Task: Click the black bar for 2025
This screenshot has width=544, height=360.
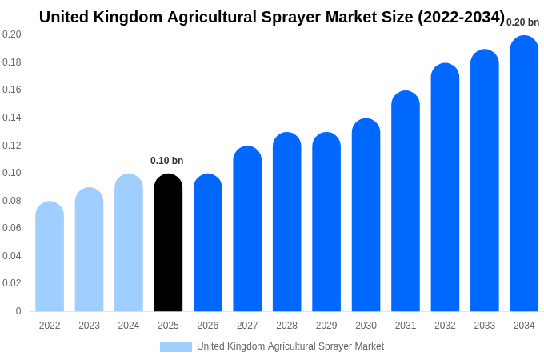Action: point(168,244)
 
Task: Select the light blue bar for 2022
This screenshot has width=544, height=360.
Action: point(50,258)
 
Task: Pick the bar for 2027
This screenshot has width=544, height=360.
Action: point(247,230)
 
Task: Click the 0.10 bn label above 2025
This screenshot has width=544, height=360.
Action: point(167,161)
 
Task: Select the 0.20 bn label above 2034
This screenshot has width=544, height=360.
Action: point(523,22)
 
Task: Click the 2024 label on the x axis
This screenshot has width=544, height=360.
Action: point(129,326)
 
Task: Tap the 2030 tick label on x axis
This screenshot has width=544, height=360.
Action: point(366,326)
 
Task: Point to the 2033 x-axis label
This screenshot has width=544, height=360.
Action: point(485,326)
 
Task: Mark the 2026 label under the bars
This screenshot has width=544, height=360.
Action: point(208,326)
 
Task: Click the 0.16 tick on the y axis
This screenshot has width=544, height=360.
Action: point(12,90)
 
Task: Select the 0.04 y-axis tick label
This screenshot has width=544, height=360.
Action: point(12,256)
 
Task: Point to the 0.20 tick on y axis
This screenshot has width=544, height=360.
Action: point(12,34)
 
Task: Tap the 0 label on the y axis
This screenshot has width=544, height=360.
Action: point(18,311)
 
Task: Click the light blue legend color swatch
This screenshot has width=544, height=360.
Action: point(176,347)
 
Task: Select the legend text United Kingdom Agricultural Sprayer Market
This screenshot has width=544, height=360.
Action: point(290,346)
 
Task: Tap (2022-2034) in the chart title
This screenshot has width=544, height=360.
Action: point(461,17)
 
